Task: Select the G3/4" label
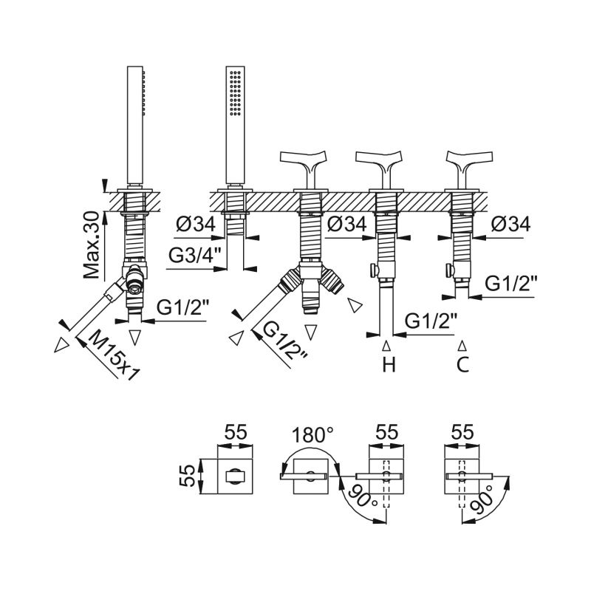coord(194,256)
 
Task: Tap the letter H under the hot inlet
coord(389,364)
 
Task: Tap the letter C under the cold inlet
coord(462,364)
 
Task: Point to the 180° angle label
coord(312,434)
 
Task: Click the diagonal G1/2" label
coord(286,341)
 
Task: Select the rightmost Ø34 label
coord(511,225)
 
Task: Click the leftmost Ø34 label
coord(196,225)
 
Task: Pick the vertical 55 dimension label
coord(188,476)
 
